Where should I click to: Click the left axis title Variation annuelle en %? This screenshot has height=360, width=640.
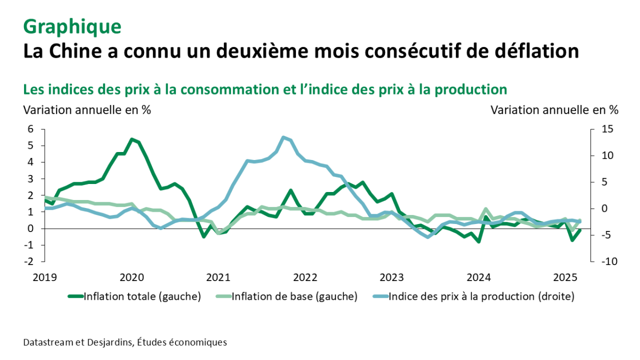tap(86, 110)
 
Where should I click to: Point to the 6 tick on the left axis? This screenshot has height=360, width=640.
tap(30, 129)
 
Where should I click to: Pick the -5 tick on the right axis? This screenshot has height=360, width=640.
tap(609, 235)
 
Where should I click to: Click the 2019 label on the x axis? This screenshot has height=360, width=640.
tap(44, 277)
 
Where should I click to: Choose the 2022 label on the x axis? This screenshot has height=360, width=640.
tap(305, 277)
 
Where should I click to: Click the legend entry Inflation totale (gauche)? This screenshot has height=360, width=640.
tap(141, 297)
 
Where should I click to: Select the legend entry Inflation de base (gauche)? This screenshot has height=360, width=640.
tap(294, 297)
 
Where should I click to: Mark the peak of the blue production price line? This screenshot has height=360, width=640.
tap(283, 138)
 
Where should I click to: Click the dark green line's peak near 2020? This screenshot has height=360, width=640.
tap(132, 139)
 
